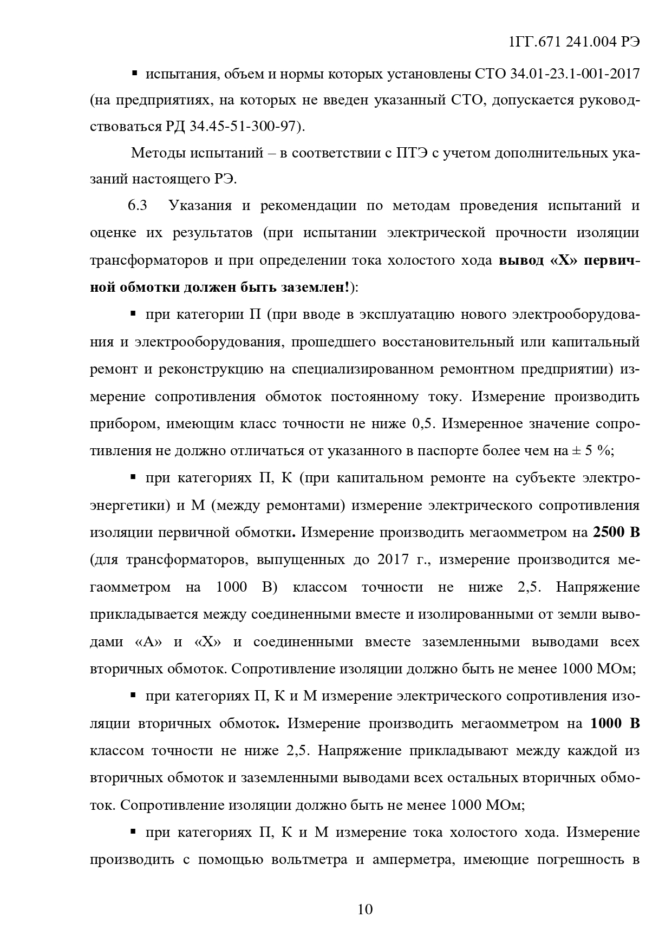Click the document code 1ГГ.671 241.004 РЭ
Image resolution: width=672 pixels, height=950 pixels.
click(x=575, y=43)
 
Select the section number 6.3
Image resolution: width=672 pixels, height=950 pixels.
click(x=138, y=206)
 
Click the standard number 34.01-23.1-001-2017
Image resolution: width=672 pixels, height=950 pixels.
click(x=575, y=73)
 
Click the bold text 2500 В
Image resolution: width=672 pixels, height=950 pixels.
click(x=616, y=533)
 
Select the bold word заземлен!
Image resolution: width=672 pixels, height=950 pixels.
click(x=316, y=287)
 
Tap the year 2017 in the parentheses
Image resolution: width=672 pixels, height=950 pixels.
click(x=393, y=560)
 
